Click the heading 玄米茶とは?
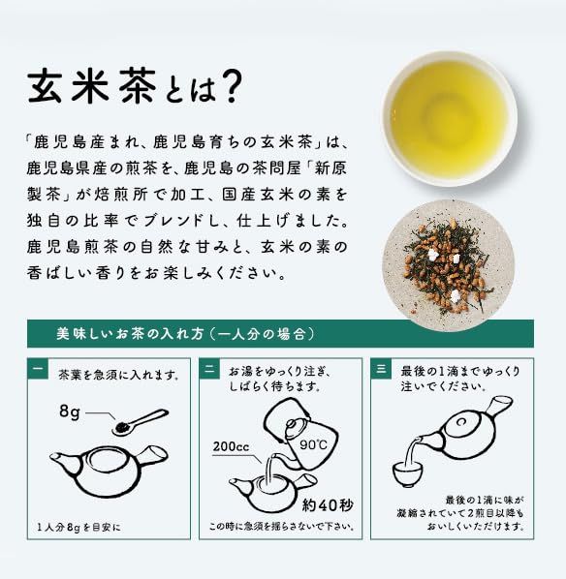click(135, 87)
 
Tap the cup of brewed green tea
click(449, 119)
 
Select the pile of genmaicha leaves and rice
click(447, 266)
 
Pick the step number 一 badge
click(38, 369)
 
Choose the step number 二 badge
click(209, 369)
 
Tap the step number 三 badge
click(381, 369)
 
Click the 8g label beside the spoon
click(70, 411)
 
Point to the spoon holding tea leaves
click(141, 422)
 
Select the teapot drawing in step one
click(110, 470)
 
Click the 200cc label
click(231, 446)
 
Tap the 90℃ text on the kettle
click(313, 444)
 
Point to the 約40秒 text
click(328, 505)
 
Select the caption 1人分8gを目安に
click(79, 528)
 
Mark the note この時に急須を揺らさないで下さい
click(282, 526)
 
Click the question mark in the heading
click(233, 87)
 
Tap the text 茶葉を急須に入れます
click(119, 375)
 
